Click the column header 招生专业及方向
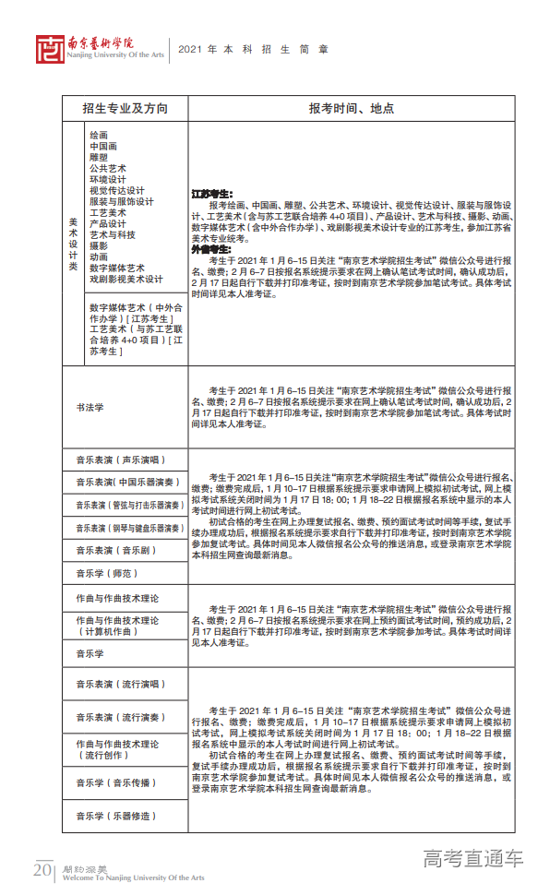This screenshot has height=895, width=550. (x=125, y=108)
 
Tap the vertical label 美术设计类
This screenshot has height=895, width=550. (x=73, y=244)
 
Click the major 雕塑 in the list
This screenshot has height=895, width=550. (x=99, y=158)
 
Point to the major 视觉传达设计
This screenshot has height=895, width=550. (x=117, y=191)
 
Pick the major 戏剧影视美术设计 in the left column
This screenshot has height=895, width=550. (x=126, y=280)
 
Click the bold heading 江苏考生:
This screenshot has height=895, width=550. (x=211, y=194)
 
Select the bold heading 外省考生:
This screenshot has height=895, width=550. (x=211, y=249)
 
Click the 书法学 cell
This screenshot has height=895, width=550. (x=90, y=407)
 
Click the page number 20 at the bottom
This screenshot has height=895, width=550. (x=42, y=870)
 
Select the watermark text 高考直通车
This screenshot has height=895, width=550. (x=472, y=859)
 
